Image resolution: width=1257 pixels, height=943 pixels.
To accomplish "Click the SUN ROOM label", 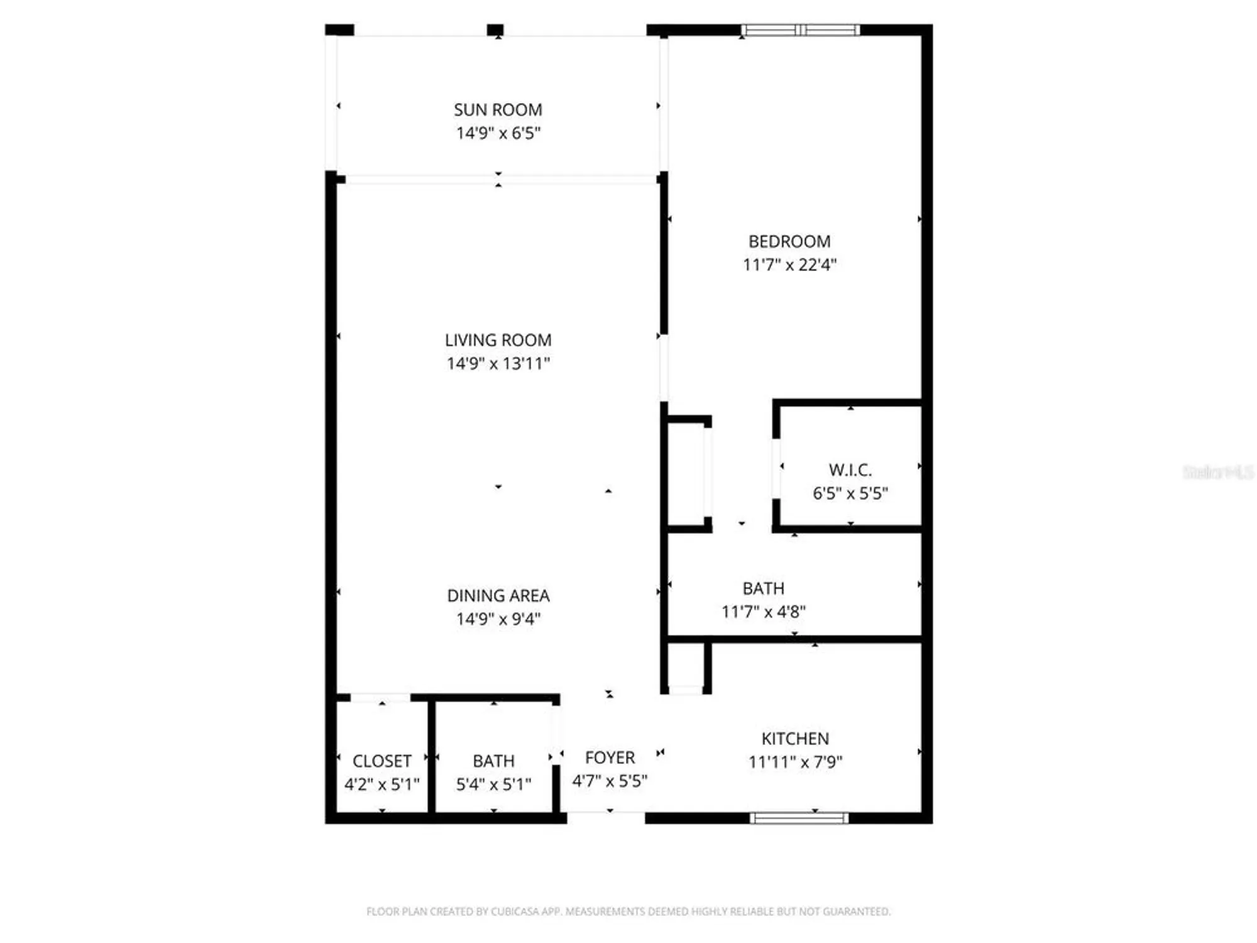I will coord(498,109).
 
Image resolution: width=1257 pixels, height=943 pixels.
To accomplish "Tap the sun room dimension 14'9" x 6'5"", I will coord(498,133).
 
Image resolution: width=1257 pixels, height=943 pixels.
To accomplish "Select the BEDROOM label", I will coord(789,241).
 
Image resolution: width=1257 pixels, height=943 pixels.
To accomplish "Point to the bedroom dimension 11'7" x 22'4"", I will coord(789,265).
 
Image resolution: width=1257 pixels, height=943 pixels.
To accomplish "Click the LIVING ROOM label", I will coord(498,340).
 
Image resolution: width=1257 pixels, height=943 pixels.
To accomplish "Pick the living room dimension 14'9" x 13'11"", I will coord(498,363).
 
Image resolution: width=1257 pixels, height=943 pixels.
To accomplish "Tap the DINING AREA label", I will coord(498,595).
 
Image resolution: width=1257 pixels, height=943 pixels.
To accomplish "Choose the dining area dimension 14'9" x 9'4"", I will coord(498,619).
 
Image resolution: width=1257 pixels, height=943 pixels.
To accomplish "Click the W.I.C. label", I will coord(850,470).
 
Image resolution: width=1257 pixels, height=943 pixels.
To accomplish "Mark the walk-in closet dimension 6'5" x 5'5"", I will coord(850,493).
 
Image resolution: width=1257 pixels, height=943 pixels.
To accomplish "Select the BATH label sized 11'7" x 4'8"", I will coord(763,588).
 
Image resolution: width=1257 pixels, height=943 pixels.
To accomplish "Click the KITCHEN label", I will coord(795,739).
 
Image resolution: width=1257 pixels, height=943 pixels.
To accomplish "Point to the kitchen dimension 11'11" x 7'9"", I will coord(795,762).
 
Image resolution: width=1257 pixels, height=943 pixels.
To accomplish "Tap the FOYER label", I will coord(610,758).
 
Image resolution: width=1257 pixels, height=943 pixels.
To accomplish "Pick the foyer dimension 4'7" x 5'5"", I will coord(610,781).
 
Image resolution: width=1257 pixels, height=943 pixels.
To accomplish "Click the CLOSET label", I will coord(381,761).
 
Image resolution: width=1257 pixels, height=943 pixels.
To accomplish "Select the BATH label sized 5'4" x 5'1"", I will coord(493,761).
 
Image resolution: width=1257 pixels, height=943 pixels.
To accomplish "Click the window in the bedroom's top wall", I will coord(799,30).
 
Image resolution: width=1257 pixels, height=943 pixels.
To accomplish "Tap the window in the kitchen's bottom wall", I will coord(799,818).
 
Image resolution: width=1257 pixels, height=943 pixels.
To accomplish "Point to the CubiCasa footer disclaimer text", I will coord(628,911).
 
